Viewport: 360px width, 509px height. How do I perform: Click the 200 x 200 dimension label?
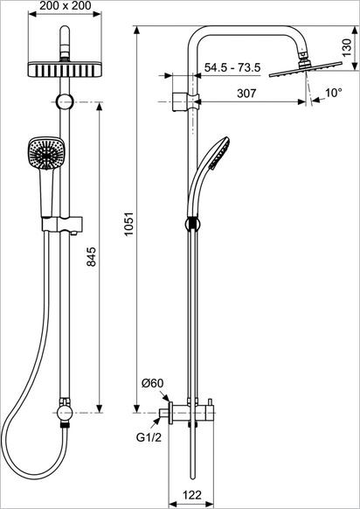tap(66, 7)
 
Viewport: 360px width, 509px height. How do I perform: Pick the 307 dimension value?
tap(246, 94)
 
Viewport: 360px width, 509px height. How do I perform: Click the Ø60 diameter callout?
tap(153, 384)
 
